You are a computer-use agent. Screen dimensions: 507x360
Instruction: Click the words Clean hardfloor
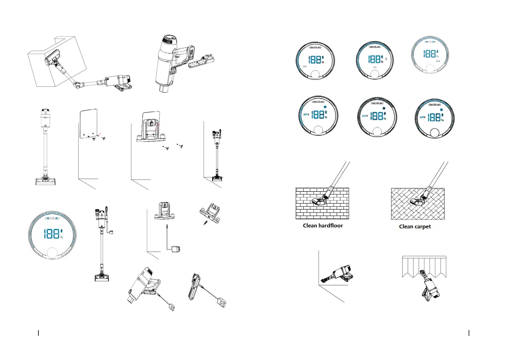323,225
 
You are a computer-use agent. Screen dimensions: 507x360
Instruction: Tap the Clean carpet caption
415,227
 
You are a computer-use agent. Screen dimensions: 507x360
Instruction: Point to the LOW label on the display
305,66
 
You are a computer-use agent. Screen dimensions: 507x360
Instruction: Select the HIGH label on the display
438,61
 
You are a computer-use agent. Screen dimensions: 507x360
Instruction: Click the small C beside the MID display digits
386,59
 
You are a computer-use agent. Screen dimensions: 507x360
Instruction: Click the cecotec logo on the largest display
52,218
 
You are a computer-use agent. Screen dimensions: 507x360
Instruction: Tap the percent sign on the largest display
62,237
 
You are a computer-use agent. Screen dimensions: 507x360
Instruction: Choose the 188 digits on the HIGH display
429,54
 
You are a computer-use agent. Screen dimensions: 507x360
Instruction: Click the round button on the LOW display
315,75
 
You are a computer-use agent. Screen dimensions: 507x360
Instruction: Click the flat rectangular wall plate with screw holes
89,123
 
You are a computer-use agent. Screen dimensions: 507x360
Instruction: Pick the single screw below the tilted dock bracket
206,223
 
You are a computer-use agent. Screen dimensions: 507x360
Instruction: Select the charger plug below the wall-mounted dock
175,249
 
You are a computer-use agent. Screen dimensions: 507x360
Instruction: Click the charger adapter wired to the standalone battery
222,302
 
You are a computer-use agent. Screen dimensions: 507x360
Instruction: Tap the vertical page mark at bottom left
38,333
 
